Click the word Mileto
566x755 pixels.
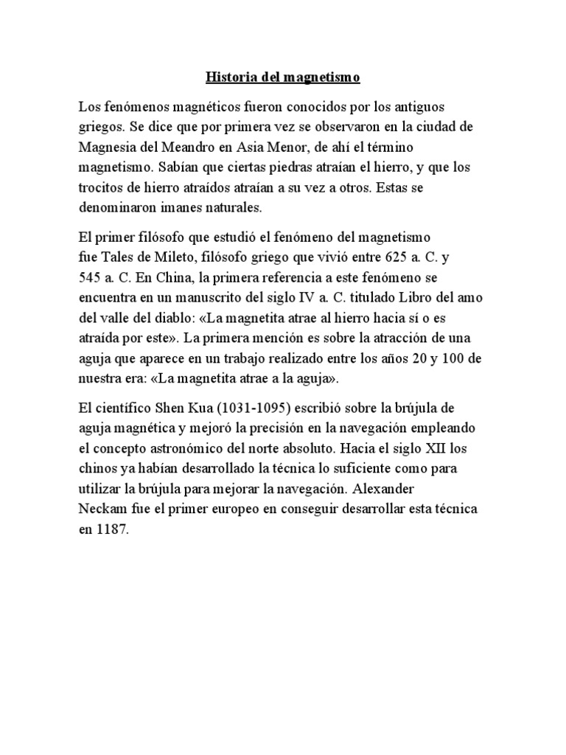pos(169,258)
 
